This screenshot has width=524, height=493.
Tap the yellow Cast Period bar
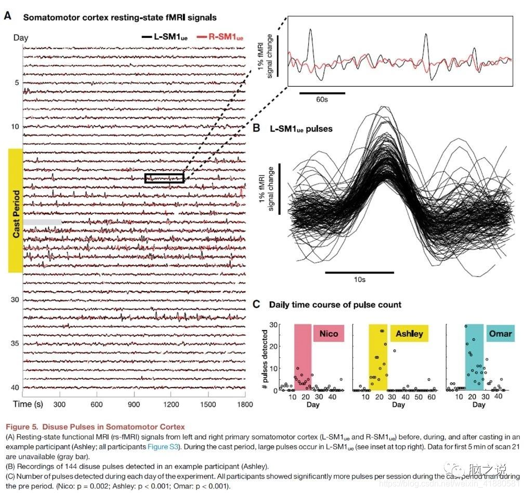pyautogui.click(x=16, y=210)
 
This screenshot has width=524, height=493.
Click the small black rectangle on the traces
pyautogui.click(x=164, y=177)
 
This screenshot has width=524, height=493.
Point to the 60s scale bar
pyautogui.click(x=322, y=93)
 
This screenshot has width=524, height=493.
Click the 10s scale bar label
pyautogui.click(x=359, y=280)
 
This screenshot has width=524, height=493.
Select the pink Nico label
pyautogui.click(x=329, y=334)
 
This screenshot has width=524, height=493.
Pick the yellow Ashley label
pyautogui.click(x=409, y=334)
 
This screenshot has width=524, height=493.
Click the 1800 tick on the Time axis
pyautogui.click(x=238, y=404)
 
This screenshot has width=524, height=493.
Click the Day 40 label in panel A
pyautogui.click(x=15, y=387)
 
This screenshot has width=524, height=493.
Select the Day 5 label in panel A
pyautogui.click(x=17, y=83)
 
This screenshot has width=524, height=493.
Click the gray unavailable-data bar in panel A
pyautogui.click(x=42, y=222)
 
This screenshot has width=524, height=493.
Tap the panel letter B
pyautogui.click(x=255, y=127)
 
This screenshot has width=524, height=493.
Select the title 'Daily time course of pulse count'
pyautogui.click(x=335, y=305)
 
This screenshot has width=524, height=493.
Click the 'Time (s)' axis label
pyautogui.click(x=29, y=404)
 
